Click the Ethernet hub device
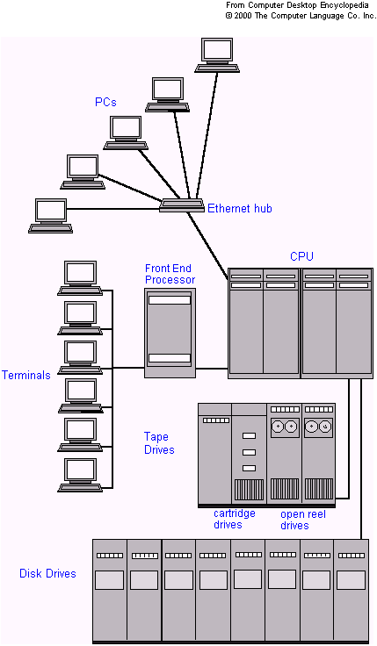pyautogui.click(x=181, y=206)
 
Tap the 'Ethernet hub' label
pyautogui.click(x=239, y=209)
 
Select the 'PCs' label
pyautogui.click(x=105, y=103)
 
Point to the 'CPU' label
pyautogui.click(x=301, y=256)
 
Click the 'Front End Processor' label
pyautogui.click(x=170, y=274)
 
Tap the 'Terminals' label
pyautogui.click(x=25, y=376)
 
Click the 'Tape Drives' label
pyautogui.click(x=159, y=443)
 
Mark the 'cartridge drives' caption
pyautogui.click(x=235, y=519)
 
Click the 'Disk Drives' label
pyautogui.click(x=47, y=574)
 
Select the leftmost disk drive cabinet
pyautogui.click(x=110, y=590)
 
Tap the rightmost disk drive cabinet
pyautogui.click(x=352, y=590)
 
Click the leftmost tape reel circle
pyautogui.click(x=279, y=427)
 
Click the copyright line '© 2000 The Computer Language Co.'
pyautogui.click(x=301, y=16)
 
